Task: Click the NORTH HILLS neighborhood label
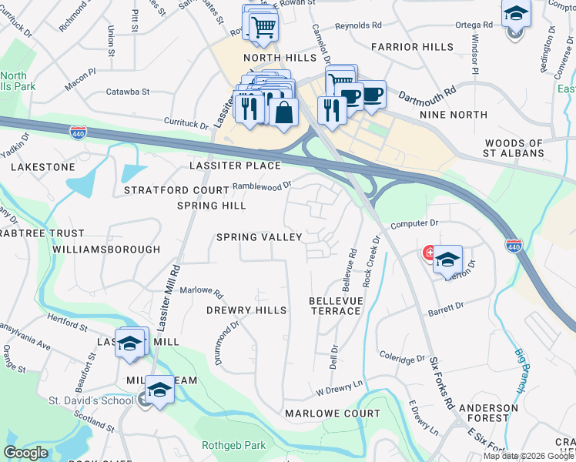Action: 280,58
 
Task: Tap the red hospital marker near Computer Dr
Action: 429,253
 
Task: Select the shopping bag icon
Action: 284,111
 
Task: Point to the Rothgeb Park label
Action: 233,445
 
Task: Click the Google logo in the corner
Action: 25,453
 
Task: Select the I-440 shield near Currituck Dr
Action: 78,132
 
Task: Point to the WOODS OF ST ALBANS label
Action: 514,148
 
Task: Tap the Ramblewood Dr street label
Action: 263,186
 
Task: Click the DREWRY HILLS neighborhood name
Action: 246,310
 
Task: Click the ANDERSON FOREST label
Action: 488,413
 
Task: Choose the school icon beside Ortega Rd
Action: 516,15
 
